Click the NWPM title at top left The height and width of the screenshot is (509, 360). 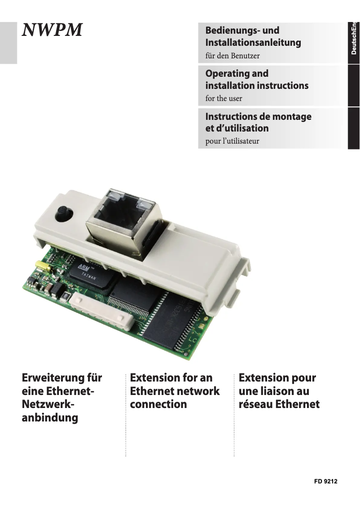[53, 30]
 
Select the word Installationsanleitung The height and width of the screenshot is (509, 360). [253, 43]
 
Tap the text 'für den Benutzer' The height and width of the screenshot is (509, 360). [232, 56]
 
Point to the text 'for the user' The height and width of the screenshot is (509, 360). [224, 98]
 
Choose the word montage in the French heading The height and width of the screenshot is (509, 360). [292, 116]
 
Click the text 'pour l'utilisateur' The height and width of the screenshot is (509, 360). [232, 141]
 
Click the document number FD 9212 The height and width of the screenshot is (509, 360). [325, 481]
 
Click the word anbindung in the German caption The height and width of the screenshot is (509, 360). [50, 418]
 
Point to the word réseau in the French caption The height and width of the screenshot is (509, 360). [255, 404]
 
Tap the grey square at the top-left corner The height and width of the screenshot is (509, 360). [8, 43]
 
